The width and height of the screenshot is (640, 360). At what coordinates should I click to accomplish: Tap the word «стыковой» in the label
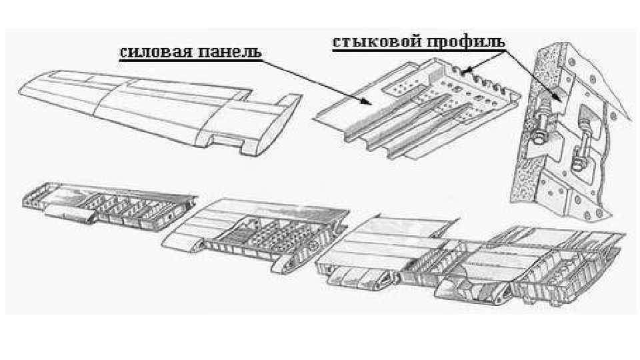(x=371, y=41)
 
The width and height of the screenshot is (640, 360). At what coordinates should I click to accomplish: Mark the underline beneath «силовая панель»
(x=190, y=60)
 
